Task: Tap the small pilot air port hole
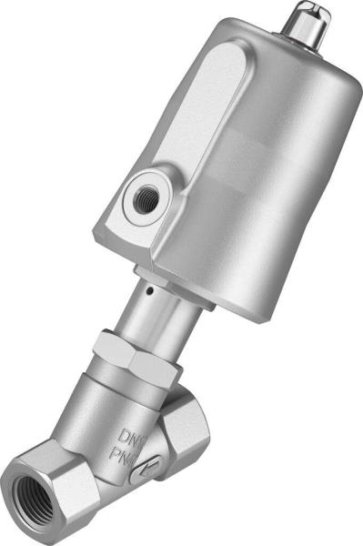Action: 145,196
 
